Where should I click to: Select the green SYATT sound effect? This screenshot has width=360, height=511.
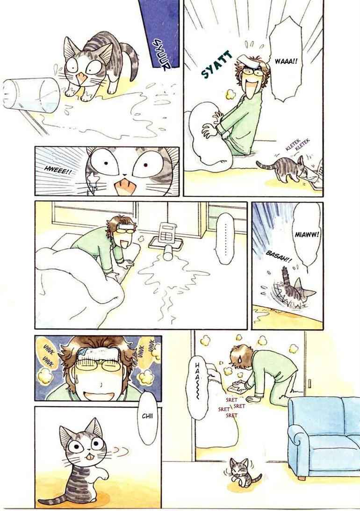click(217, 65)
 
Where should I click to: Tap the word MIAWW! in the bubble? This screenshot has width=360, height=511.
click(306, 235)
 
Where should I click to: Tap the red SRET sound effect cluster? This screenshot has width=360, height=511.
click(231, 407)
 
